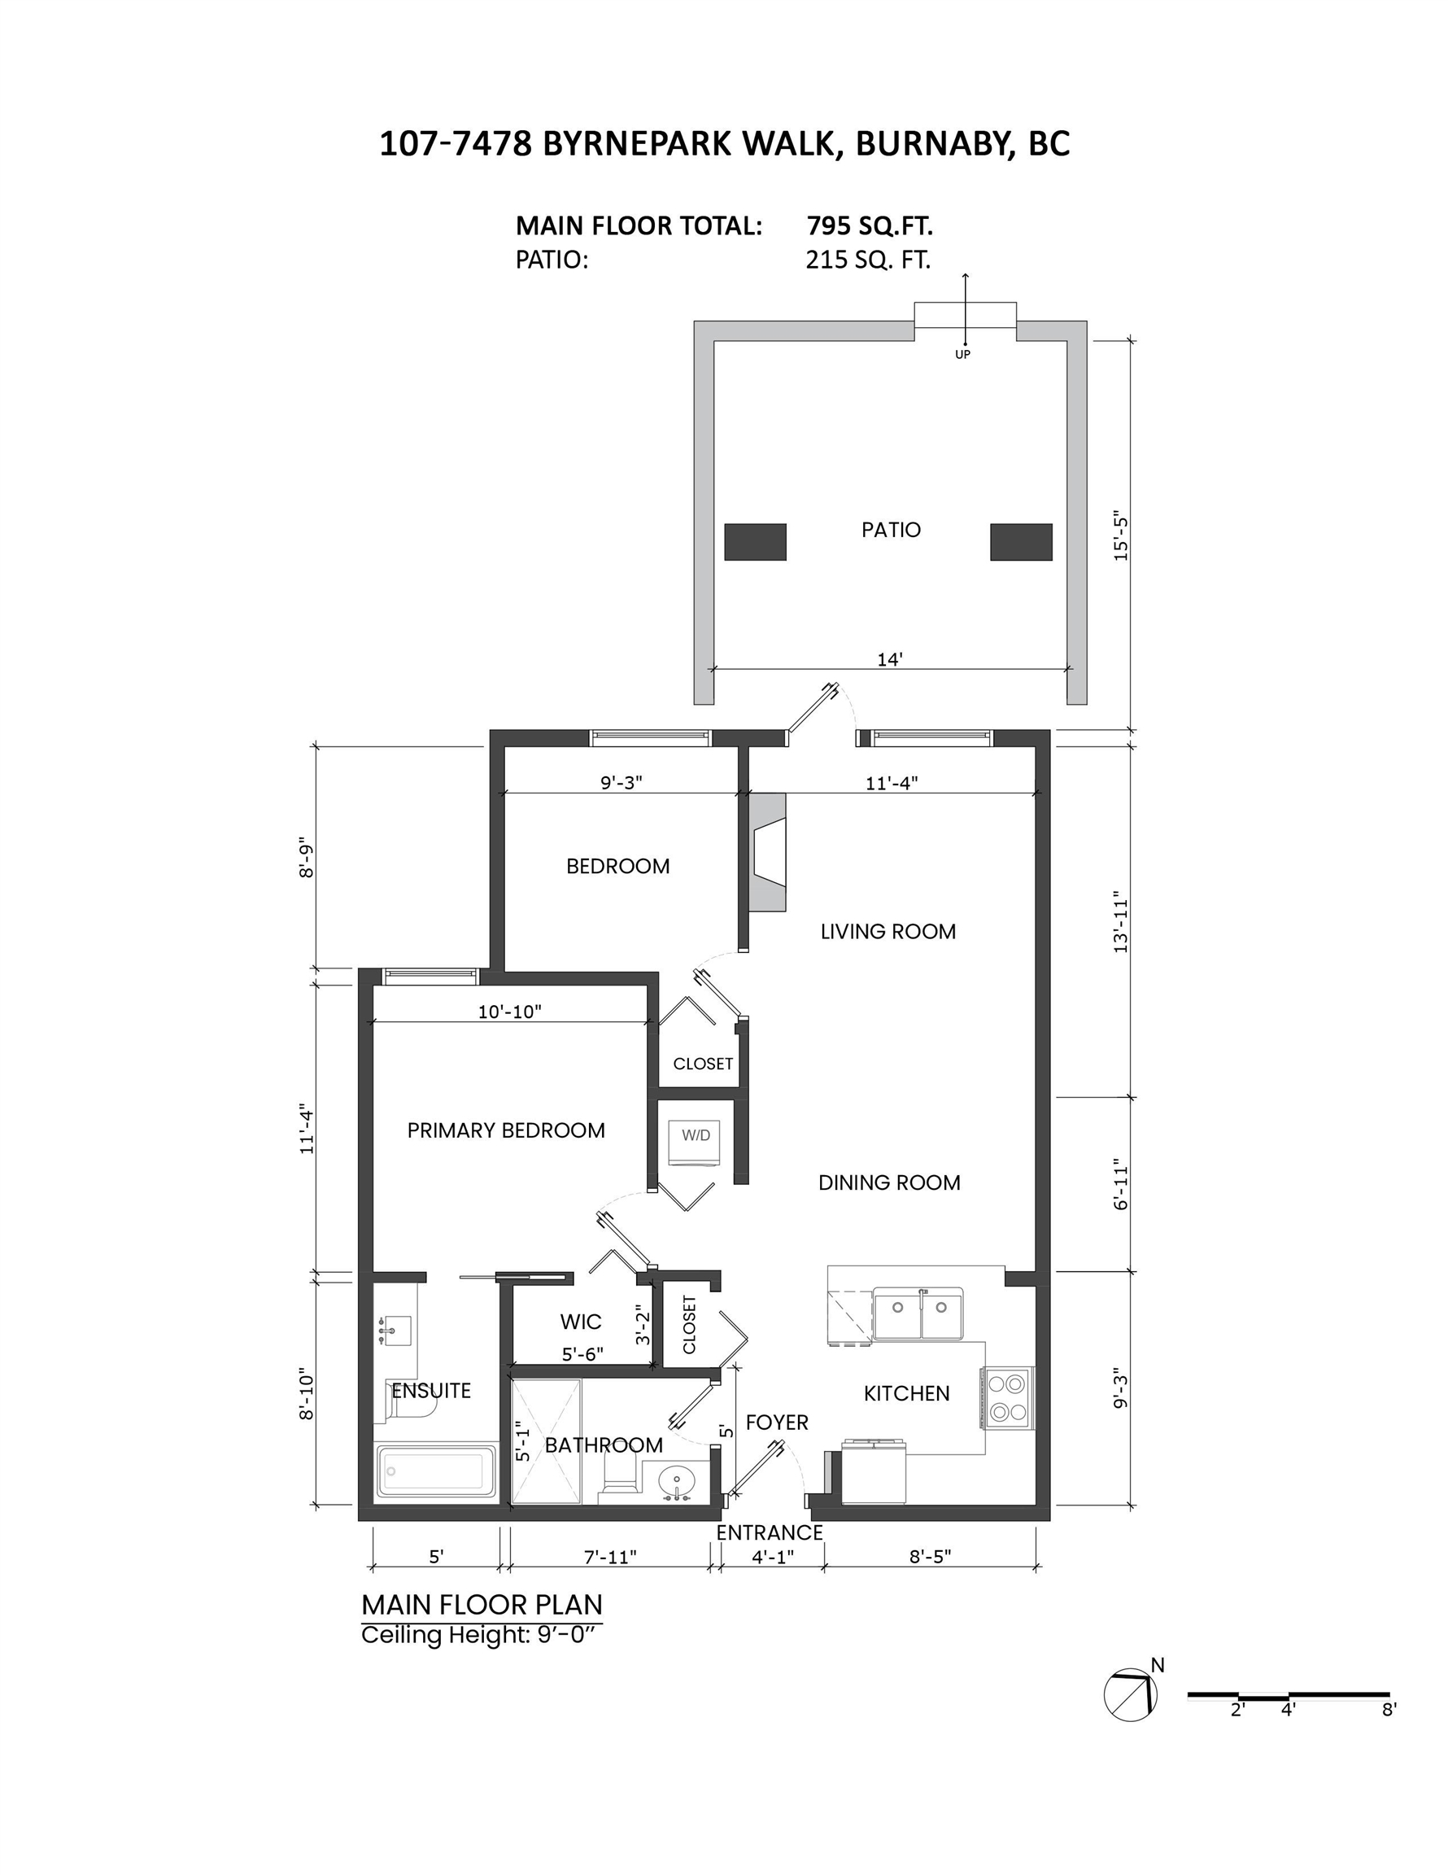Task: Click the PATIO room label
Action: click(890, 530)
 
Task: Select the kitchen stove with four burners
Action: click(1008, 1397)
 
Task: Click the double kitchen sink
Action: click(918, 1313)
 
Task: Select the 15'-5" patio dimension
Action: click(1120, 537)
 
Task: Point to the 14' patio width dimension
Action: click(889, 659)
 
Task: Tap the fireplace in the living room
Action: click(767, 853)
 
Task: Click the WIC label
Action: click(580, 1322)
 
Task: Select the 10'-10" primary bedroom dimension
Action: click(510, 1012)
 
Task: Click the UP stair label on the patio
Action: click(962, 355)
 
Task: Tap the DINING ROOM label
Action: click(889, 1182)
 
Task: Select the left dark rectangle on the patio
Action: click(756, 542)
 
